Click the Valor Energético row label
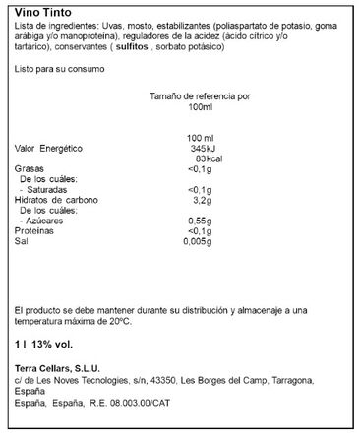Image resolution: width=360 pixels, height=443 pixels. point(50,148)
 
